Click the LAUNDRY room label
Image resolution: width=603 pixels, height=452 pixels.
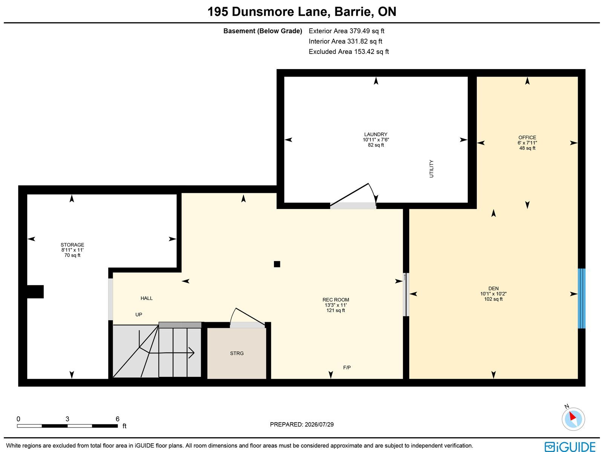pyautogui.click(x=375, y=134)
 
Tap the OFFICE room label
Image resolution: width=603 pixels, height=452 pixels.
pyautogui.click(x=527, y=137)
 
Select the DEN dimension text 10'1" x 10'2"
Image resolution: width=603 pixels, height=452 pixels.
pyautogui.click(x=493, y=294)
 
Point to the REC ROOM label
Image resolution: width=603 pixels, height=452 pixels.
pyautogui.click(x=336, y=300)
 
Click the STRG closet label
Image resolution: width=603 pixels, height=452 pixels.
pyautogui.click(x=237, y=353)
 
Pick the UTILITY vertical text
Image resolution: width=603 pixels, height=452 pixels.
pyautogui.click(x=431, y=169)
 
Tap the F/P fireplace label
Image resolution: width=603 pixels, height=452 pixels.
pyautogui.click(x=347, y=367)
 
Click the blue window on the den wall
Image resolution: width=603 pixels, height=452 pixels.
pyautogui.click(x=582, y=298)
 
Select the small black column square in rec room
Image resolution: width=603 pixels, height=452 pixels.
pyautogui.click(x=277, y=264)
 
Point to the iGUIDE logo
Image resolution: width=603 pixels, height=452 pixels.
pyautogui.click(x=570, y=446)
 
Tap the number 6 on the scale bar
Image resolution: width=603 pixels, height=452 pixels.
pyautogui.click(x=117, y=419)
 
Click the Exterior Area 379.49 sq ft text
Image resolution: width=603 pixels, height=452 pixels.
pyautogui.click(x=346, y=31)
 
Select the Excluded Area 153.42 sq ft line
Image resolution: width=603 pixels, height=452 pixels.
pyautogui.click(x=349, y=52)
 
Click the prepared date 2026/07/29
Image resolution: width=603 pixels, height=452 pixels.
pyautogui.click(x=319, y=424)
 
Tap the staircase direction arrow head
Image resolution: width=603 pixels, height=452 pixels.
pyautogui.click(x=192, y=353)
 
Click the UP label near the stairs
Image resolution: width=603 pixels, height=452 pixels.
pyautogui.click(x=139, y=315)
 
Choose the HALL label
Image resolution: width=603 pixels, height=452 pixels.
pyautogui.click(x=147, y=298)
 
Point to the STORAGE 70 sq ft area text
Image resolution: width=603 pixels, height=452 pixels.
pyautogui.click(x=72, y=255)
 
